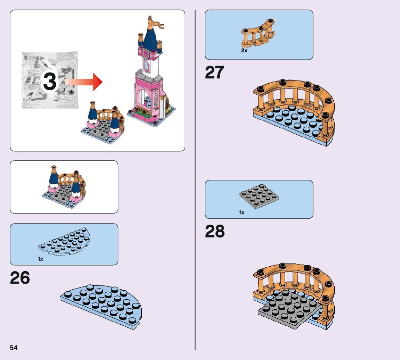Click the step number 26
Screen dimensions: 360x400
[20, 278]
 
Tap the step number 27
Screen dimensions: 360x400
[214, 73]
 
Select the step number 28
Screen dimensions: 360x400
[215, 232]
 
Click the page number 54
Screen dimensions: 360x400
[14, 348]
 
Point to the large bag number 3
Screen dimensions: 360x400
[50, 82]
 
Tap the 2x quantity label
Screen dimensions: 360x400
[244, 51]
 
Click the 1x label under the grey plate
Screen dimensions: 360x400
[242, 212]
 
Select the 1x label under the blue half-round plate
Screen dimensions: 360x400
[41, 259]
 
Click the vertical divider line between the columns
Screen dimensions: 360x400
[195, 181]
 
